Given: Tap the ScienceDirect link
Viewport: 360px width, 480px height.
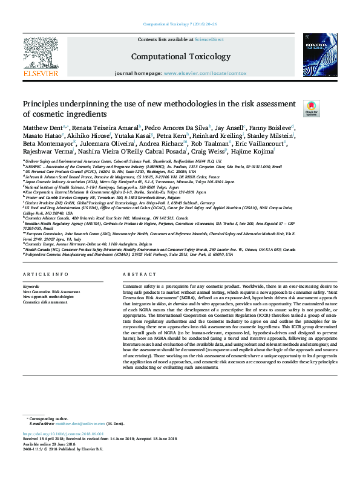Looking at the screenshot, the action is pyautogui.click(x=209, y=39).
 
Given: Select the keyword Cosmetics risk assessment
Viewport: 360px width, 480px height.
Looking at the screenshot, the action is pyautogui.click(x=45, y=301).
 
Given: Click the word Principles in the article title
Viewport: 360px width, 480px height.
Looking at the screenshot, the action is pyautogui.click(x=42, y=103).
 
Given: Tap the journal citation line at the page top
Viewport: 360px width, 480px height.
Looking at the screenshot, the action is pyautogui.click(x=180, y=24).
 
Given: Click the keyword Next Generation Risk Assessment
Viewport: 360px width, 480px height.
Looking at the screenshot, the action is pyautogui.click(x=51, y=291).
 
